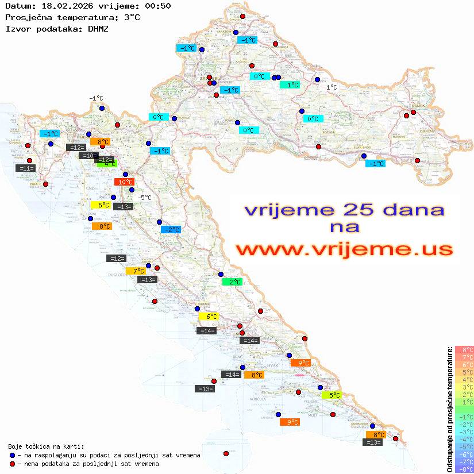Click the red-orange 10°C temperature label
[125, 182]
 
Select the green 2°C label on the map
[232, 282]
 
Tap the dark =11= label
[26, 168]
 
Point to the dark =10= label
[88, 156]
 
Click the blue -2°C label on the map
[171, 230]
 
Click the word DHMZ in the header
[98, 28]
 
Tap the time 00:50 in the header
[157, 6]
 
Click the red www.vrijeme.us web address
[344, 249]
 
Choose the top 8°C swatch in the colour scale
[464, 349]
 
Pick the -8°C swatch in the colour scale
[464, 469]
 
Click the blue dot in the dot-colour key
[11, 455]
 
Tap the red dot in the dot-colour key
[11, 464]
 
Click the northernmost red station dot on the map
[242, 17]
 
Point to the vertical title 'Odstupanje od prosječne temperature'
[449, 409]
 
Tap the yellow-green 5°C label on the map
[332, 395]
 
